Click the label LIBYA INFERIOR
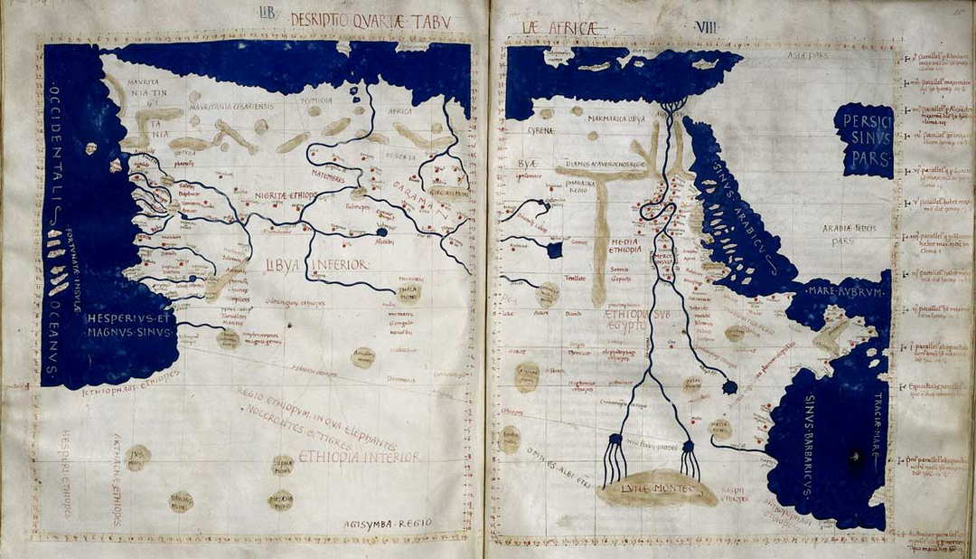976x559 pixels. [316, 265]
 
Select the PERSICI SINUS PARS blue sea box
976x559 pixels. [863, 140]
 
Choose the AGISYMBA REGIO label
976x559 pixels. [388, 523]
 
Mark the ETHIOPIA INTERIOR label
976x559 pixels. [359, 457]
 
